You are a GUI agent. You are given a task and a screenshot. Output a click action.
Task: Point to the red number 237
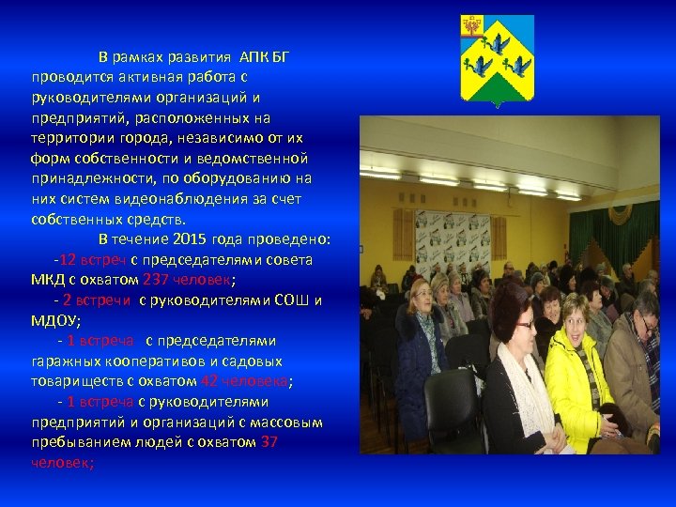tap(155, 279)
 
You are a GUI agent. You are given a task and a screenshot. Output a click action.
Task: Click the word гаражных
tap(65, 361)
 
